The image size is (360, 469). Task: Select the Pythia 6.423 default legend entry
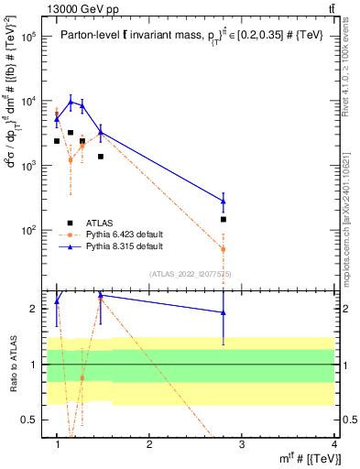tap(112, 234)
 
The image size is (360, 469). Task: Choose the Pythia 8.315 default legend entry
tap(112, 246)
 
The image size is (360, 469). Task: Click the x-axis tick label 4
tap(334, 444)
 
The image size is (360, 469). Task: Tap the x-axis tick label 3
tap(242, 444)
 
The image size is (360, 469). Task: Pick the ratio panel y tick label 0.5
tap(33, 420)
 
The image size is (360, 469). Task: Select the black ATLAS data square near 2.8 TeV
tap(224, 220)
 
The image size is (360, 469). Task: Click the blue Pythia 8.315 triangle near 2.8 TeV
tap(224, 201)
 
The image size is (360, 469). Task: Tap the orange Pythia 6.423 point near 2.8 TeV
tap(224, 249)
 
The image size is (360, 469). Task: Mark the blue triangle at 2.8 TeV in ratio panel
tap(224, 312)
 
